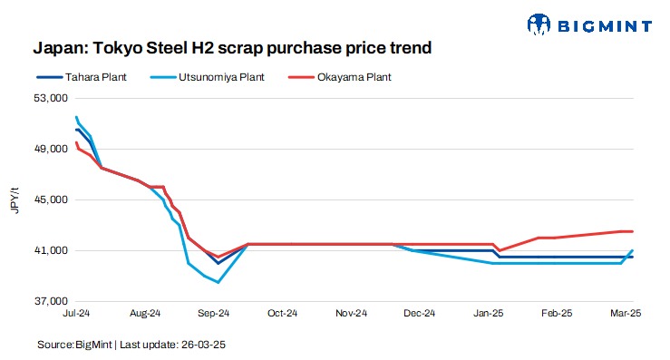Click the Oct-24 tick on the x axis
pos(282,314)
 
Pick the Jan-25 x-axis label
pos(490,314)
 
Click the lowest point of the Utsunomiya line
pos(218,283)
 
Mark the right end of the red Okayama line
pos(632,231)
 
